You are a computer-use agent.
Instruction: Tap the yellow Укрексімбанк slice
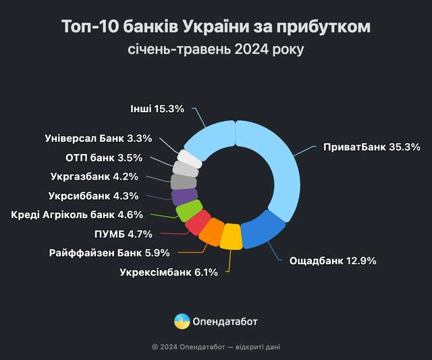point(231,237)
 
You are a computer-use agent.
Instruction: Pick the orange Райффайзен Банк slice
point(212,232)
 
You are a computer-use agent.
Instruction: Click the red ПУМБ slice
point(198,222)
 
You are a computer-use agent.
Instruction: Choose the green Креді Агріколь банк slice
point(189,210)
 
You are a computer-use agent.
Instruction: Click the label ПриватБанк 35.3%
point(372,147)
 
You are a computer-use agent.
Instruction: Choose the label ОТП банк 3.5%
point(103,158)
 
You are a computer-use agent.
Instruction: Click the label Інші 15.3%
point(156,108)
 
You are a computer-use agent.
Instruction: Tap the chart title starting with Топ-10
point(216,27)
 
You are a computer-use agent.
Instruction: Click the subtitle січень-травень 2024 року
point(216,49)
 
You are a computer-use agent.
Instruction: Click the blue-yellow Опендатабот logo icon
point(182,322)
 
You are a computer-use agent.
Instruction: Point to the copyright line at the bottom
point(216,346)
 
